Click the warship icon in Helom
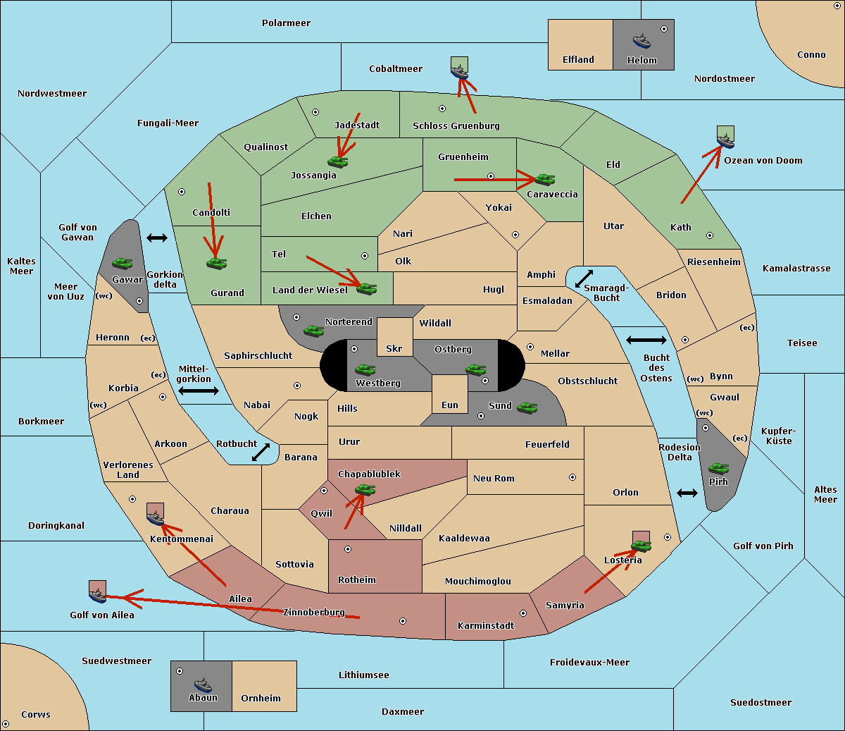tap(641, 41)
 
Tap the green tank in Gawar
tap(123, 263)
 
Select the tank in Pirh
tap(718, 468)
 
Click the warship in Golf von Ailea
tap(98, 596)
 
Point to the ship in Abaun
tap(204, 685)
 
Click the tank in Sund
tap(527, 407)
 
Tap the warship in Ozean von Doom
tap(725, 141)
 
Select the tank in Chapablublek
tap(365, 489)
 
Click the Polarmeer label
tap(286, 23)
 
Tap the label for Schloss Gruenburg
tap(456, 125)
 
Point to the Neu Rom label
tap(494, 478)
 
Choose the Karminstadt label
tap(486, 625)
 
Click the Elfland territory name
tap(578, 60)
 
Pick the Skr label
tap(394, 348)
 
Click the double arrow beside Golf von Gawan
tap(157, 238)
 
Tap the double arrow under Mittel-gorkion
tap(199, 391)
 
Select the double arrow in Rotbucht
tap(261, 452)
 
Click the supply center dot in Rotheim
tap(348, 549)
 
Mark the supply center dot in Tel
tap(365, 256)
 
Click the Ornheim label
tap(261, 698)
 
